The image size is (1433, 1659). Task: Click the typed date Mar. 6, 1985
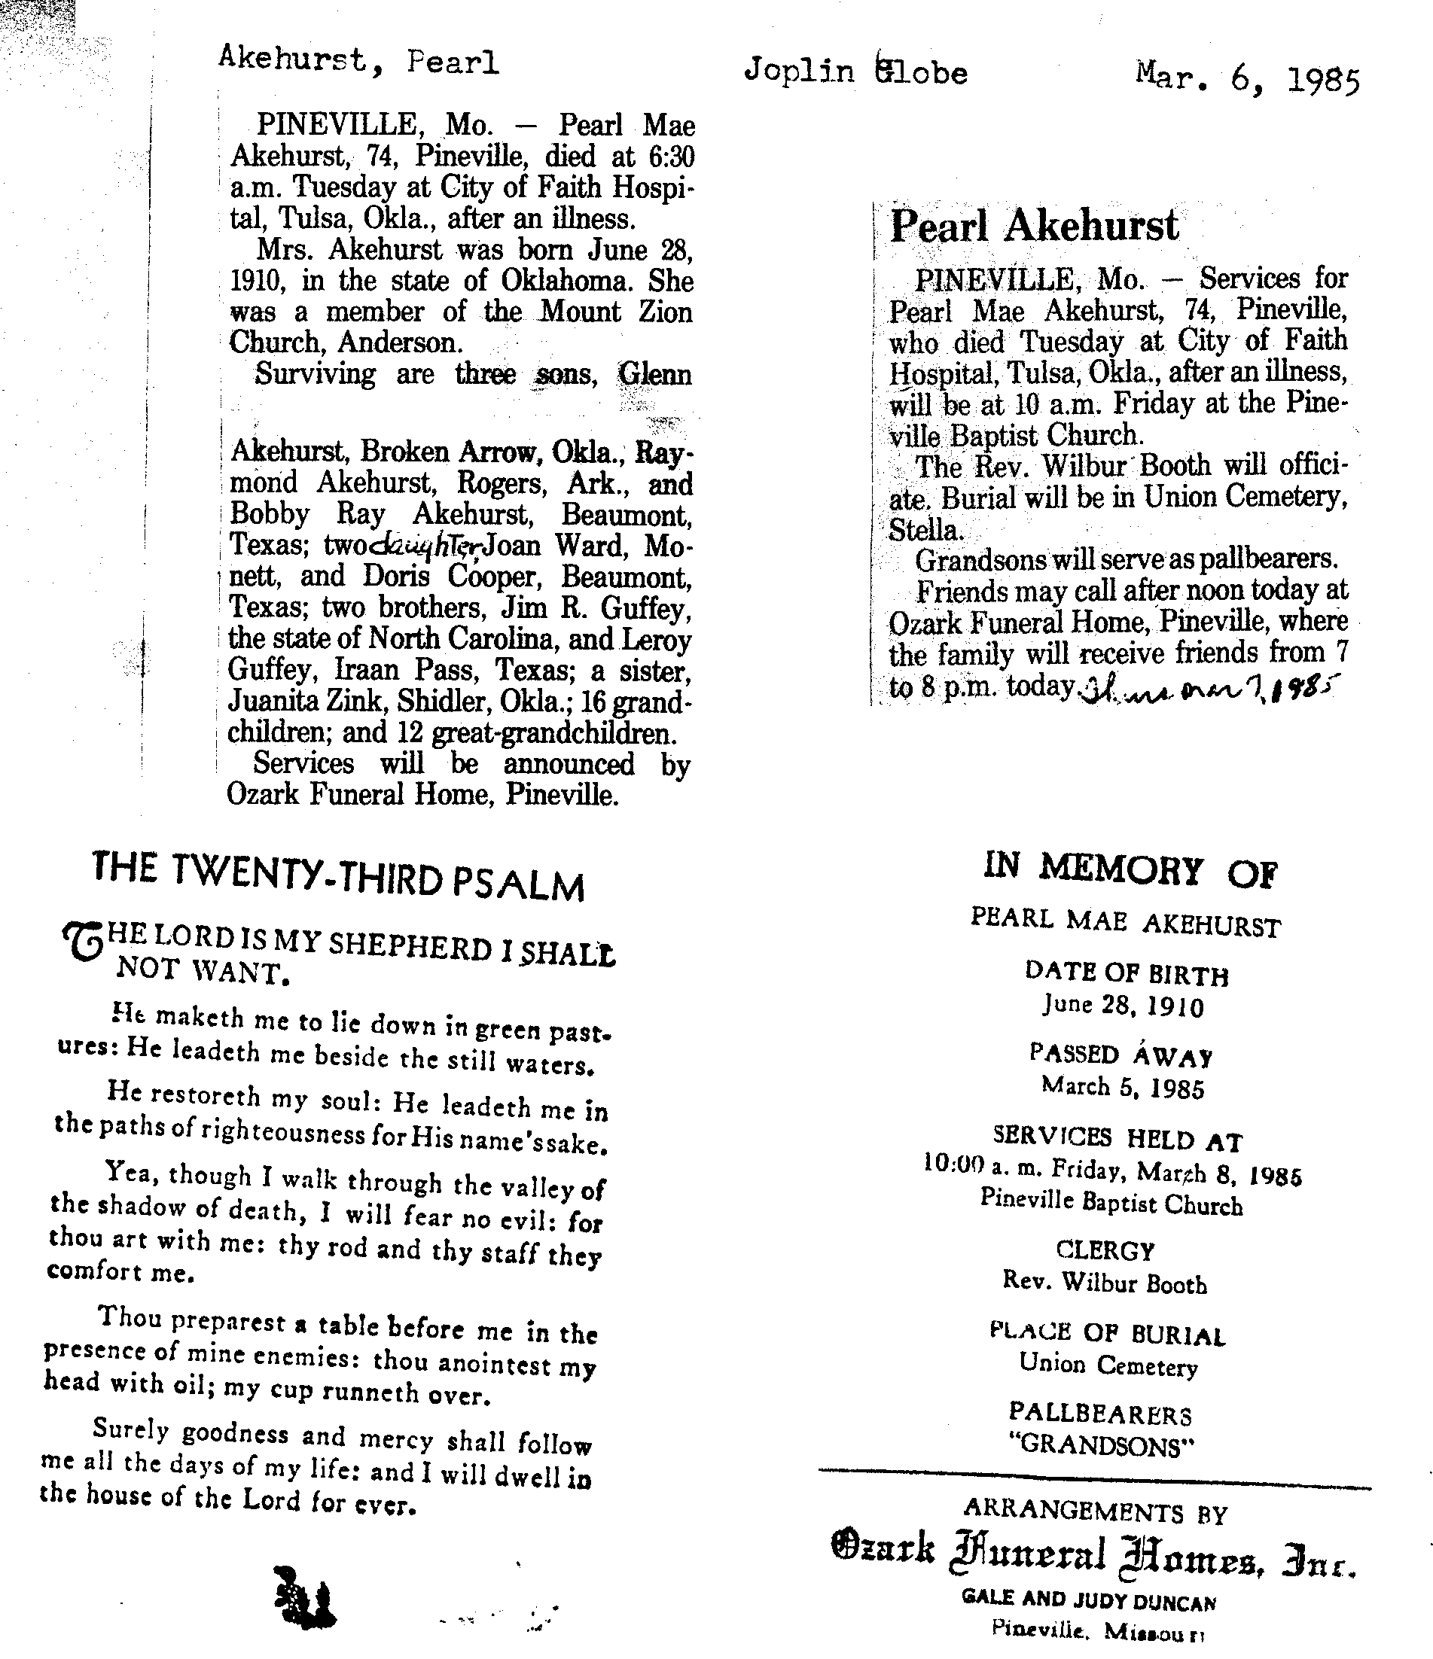[1247, 78]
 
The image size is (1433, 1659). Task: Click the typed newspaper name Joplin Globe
[855, 72]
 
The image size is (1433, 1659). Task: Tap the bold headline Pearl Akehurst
[1034, 226]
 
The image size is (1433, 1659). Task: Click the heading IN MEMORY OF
[1130, 870]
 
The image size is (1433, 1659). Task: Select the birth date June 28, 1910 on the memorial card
[1123, 1006]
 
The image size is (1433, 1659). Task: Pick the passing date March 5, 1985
[1123, 1088]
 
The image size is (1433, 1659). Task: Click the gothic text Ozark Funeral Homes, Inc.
[1094, 1555]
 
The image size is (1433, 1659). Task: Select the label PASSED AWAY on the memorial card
[1120, 1055]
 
